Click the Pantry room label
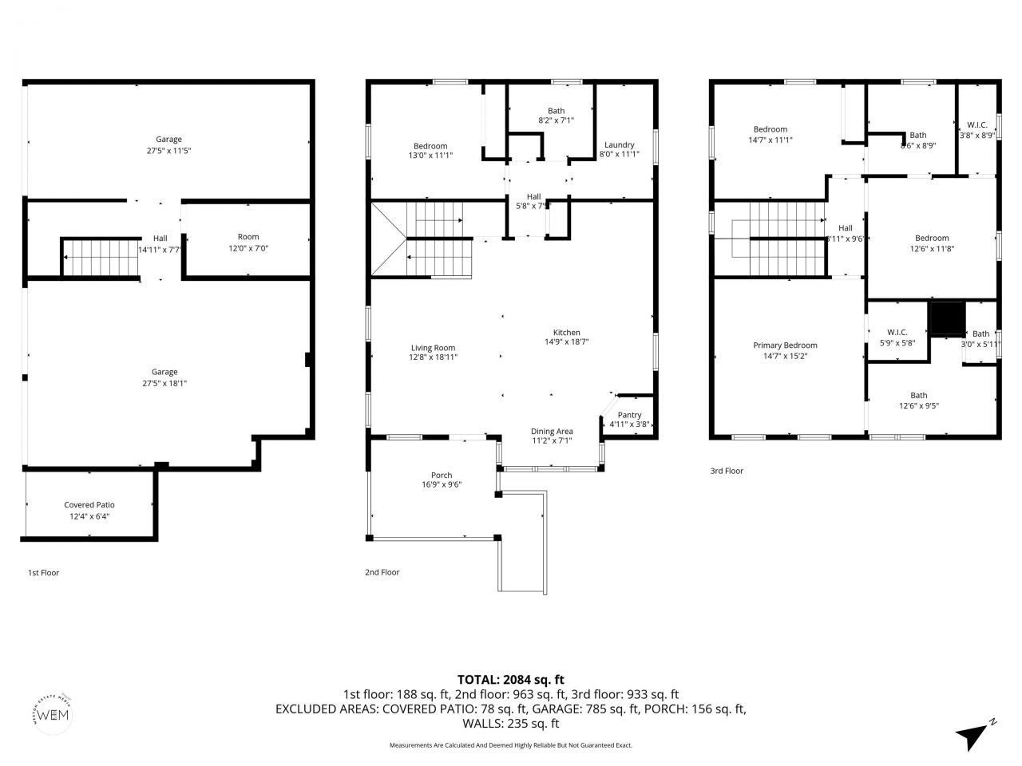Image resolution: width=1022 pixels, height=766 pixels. click(629, 415)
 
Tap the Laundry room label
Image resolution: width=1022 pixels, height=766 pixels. click(619, 144)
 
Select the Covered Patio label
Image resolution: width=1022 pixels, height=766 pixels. click(89, 505)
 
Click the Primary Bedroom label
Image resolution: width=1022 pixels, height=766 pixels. click(785, 345)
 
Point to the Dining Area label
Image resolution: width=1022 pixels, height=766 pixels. click(552, 432)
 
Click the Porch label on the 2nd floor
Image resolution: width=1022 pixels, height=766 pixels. click(442, 476)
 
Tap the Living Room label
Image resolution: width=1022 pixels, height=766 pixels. click(433, 348)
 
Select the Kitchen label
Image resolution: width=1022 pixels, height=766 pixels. click(567, 333)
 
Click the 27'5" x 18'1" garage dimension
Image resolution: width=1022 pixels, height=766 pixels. click(164, 383)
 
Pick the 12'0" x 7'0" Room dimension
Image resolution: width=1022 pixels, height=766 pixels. click(248, 248)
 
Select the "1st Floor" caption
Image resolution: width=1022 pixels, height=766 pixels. click(43, 573)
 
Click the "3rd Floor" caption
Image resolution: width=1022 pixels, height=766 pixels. click(727, 471)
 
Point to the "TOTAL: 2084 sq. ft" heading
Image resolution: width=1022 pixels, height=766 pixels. click(511, 680)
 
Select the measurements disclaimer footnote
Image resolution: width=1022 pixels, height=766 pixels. click(511, 745)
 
